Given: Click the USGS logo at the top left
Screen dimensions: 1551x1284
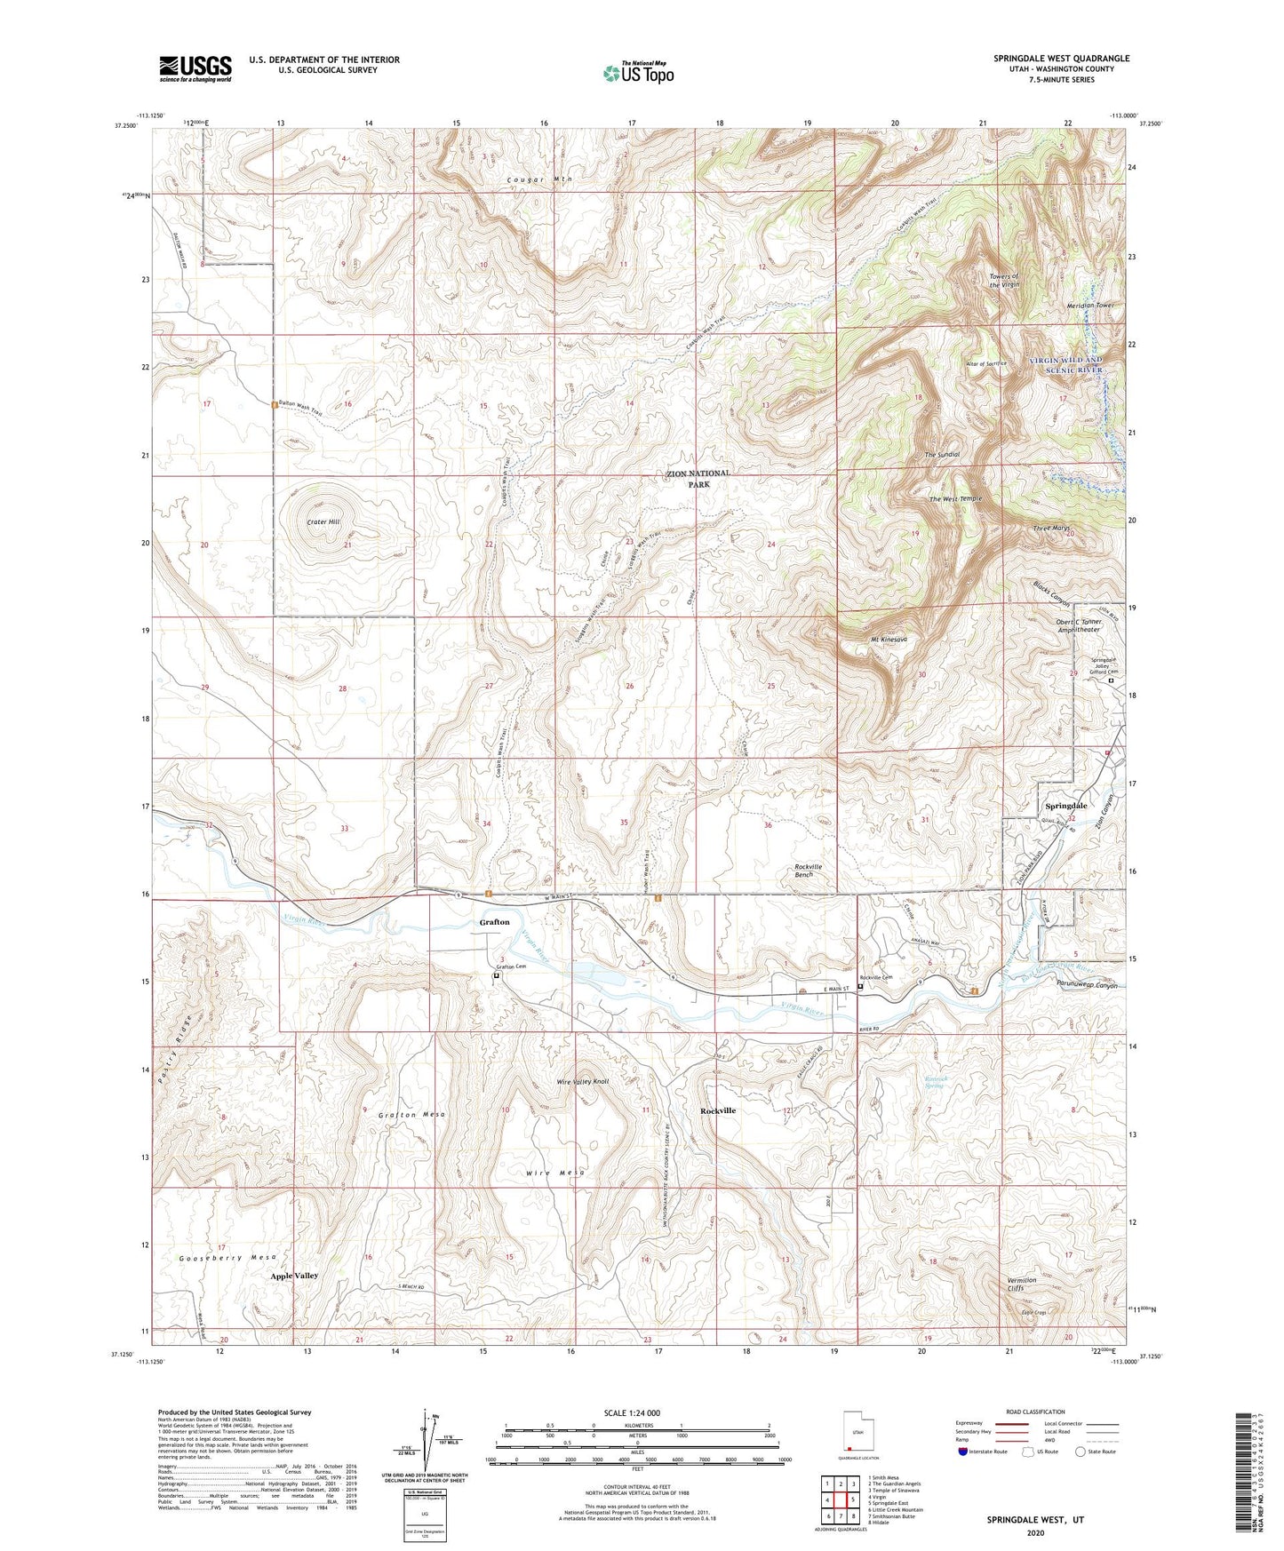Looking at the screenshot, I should pyautogui.click(x=195, y=68).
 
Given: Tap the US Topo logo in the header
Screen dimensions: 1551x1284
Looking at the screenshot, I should pyautogui.click(x=638, y=73).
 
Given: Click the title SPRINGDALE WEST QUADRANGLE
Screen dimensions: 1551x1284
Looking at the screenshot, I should pyautogui.click(x=1061, y=59).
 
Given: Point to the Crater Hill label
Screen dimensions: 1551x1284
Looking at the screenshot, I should pyautogui.click(x=323, y=522).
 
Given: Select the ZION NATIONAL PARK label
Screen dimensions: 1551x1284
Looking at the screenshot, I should pyautogui.click(x=698, y=479).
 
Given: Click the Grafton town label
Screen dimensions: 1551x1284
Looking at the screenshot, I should pyautogui.click(x=494, y=922).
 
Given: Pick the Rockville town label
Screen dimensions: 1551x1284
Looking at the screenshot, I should pyautogui.click(x=718, y=1111).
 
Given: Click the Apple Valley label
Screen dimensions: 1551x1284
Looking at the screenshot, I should pyautogui.click(x=294, y=1276).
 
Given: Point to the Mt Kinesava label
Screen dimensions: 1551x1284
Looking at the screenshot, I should pyautogui.click(x=889, y=640).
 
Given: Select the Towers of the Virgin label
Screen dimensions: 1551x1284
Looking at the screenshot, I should pyautogui.click(x=1004, y=280).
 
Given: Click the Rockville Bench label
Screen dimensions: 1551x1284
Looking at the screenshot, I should pyautogui.click(x=815, y=871).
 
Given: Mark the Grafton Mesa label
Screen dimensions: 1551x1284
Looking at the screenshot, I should pyautogui.click(x=411, y=1114).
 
